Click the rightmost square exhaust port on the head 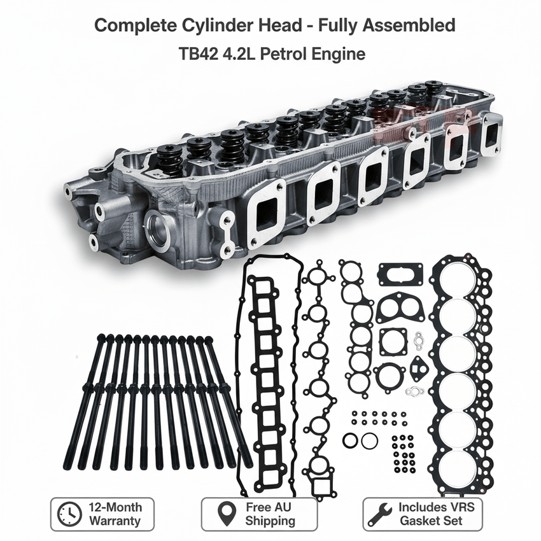pos(491,134)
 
